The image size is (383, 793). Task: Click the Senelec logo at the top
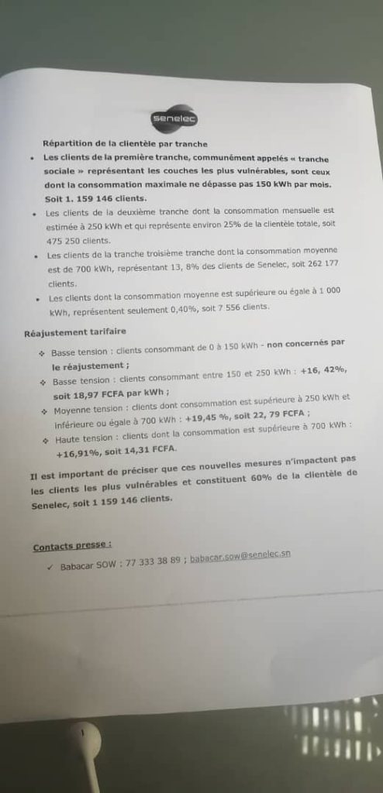point(174,119)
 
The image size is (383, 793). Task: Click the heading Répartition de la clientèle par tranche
point(125,143)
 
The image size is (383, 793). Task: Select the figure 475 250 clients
point(78,239)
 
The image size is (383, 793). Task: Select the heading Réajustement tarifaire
point(74,333)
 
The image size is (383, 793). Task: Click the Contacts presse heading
point(72,546)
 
